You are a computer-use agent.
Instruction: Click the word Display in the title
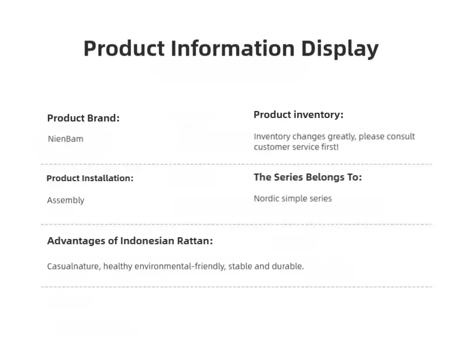(x=339, y=49)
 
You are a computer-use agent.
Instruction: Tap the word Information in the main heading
(x=233, y=48)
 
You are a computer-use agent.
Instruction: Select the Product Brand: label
(x=84, y=118)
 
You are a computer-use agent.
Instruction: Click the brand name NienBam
(x=65, y=139)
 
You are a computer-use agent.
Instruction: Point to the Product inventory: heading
(x=298, y=115)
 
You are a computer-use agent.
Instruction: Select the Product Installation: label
(x=90, y=178)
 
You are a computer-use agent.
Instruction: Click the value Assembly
(x=65, y=200)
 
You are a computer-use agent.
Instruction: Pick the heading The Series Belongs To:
(x=308, y=177)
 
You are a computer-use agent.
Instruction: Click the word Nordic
(x=267, y=198)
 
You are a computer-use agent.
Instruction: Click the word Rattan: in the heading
(x=195, y=241)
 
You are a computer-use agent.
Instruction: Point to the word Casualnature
(x=74, y=266)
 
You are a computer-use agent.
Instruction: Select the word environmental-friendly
(x=180, y=266)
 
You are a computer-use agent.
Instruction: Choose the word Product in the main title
(x=124, y=49)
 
